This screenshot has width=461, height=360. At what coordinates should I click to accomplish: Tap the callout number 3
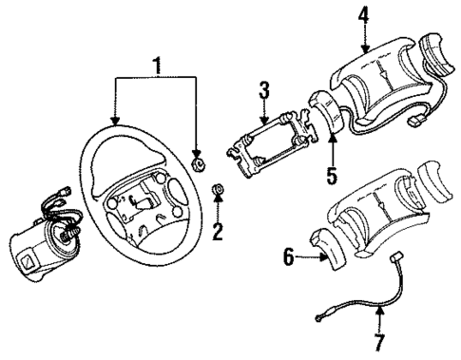coord(266,91)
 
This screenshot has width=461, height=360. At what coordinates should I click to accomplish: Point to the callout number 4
coord(365,14)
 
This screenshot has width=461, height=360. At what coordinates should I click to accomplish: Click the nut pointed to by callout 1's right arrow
coord(197,164)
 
